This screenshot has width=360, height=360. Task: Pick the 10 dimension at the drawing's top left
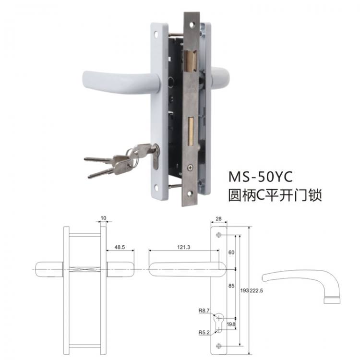point(103,219)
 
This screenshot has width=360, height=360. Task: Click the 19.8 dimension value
point(231,324)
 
